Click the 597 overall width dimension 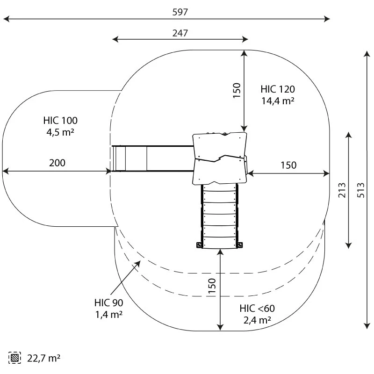click(180, 12)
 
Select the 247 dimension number click(180, 33)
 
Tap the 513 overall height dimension click(360, 190)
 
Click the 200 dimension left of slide click(58, 163)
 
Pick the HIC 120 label click(278, 89)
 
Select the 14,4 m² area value click(278, 100)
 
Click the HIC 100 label click(60, 121)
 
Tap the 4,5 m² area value click(60, 132)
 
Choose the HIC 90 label click(108, 303)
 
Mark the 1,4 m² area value click(108, 314)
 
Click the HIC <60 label click(257, 309)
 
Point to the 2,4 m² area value click(257, 320)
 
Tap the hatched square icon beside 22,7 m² click(15, 358)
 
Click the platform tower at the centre click(220, 158)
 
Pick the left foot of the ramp click(200, 245)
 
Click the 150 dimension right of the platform click(288, 165)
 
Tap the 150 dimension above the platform click(237, 90)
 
